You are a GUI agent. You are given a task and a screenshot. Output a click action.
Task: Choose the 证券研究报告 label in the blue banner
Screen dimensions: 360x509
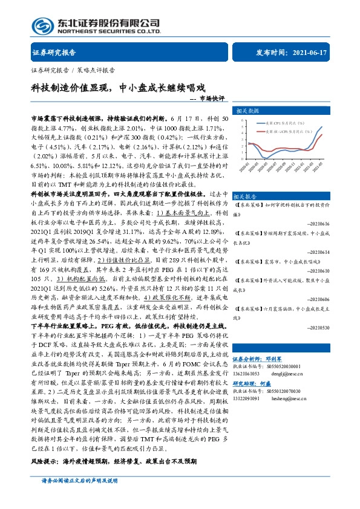pos(49,53)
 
